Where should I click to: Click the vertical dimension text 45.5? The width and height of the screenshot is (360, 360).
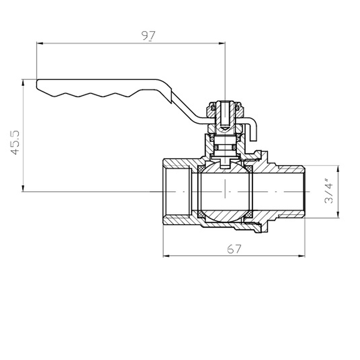click(x=15, y=143)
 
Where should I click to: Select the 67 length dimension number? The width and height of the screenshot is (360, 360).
click(x=234, y=248)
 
